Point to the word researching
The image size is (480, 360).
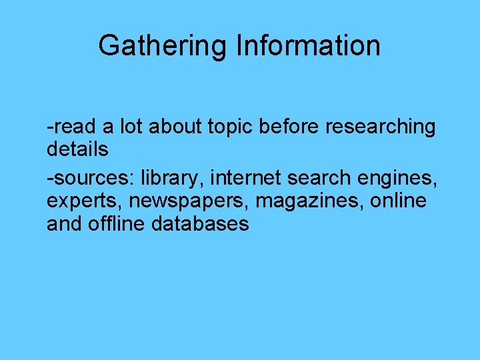[x=380, y=127]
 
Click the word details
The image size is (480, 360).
[x=77, y=150]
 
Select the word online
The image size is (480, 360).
[x=400, y=201]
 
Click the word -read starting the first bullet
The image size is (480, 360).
[x=70, y=127]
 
